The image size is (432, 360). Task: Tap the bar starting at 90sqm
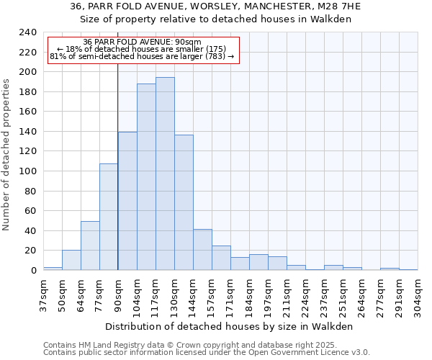[127, 201]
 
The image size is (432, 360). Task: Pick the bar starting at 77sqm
[109, 217]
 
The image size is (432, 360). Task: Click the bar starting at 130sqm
[184, 202]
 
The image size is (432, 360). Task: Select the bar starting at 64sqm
[90, 246]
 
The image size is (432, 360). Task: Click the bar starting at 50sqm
[71, 260]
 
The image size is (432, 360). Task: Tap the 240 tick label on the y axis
[27, 32]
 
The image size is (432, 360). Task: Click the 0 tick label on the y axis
[33, 270]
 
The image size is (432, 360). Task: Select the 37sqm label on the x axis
[43, 293]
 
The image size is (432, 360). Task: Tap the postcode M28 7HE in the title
[336, 6]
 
